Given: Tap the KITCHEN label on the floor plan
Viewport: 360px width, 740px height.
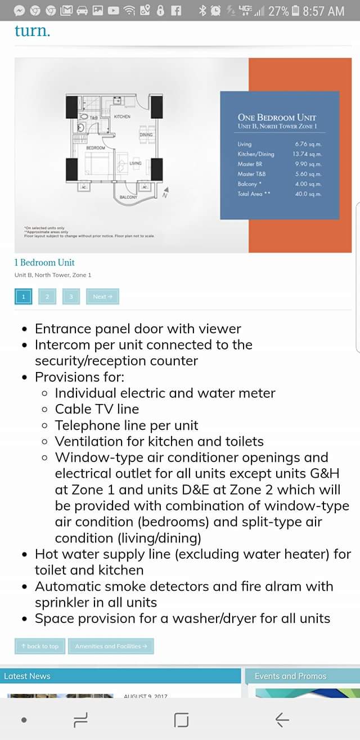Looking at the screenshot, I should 122,116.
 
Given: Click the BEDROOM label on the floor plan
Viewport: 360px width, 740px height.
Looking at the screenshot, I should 96,147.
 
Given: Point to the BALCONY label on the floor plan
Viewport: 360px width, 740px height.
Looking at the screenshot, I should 128,198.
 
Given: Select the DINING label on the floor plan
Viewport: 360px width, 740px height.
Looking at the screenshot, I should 146,135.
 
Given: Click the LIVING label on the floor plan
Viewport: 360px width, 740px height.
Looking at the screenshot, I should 135,163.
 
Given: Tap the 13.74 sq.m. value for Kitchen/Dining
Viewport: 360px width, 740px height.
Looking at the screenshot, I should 307,154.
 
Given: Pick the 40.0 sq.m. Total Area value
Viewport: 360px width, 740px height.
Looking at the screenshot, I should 308,194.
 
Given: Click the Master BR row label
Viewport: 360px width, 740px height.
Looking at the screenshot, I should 250,164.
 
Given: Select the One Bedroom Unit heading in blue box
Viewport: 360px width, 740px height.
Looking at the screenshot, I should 277,118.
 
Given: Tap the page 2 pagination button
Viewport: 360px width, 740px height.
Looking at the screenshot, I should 47,297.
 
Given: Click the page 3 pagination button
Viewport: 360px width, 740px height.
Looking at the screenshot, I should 71,297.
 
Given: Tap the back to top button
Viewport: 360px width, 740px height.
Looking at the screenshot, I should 40,646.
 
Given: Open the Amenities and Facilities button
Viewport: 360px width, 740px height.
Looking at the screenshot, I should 111,646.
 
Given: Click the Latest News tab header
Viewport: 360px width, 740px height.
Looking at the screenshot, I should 27,676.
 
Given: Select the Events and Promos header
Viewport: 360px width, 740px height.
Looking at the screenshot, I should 290,676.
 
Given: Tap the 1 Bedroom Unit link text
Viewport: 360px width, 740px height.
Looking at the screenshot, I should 44,262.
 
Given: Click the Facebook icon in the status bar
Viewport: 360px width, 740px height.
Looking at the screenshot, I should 176,11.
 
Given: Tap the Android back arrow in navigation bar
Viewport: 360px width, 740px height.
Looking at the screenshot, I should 282,719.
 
